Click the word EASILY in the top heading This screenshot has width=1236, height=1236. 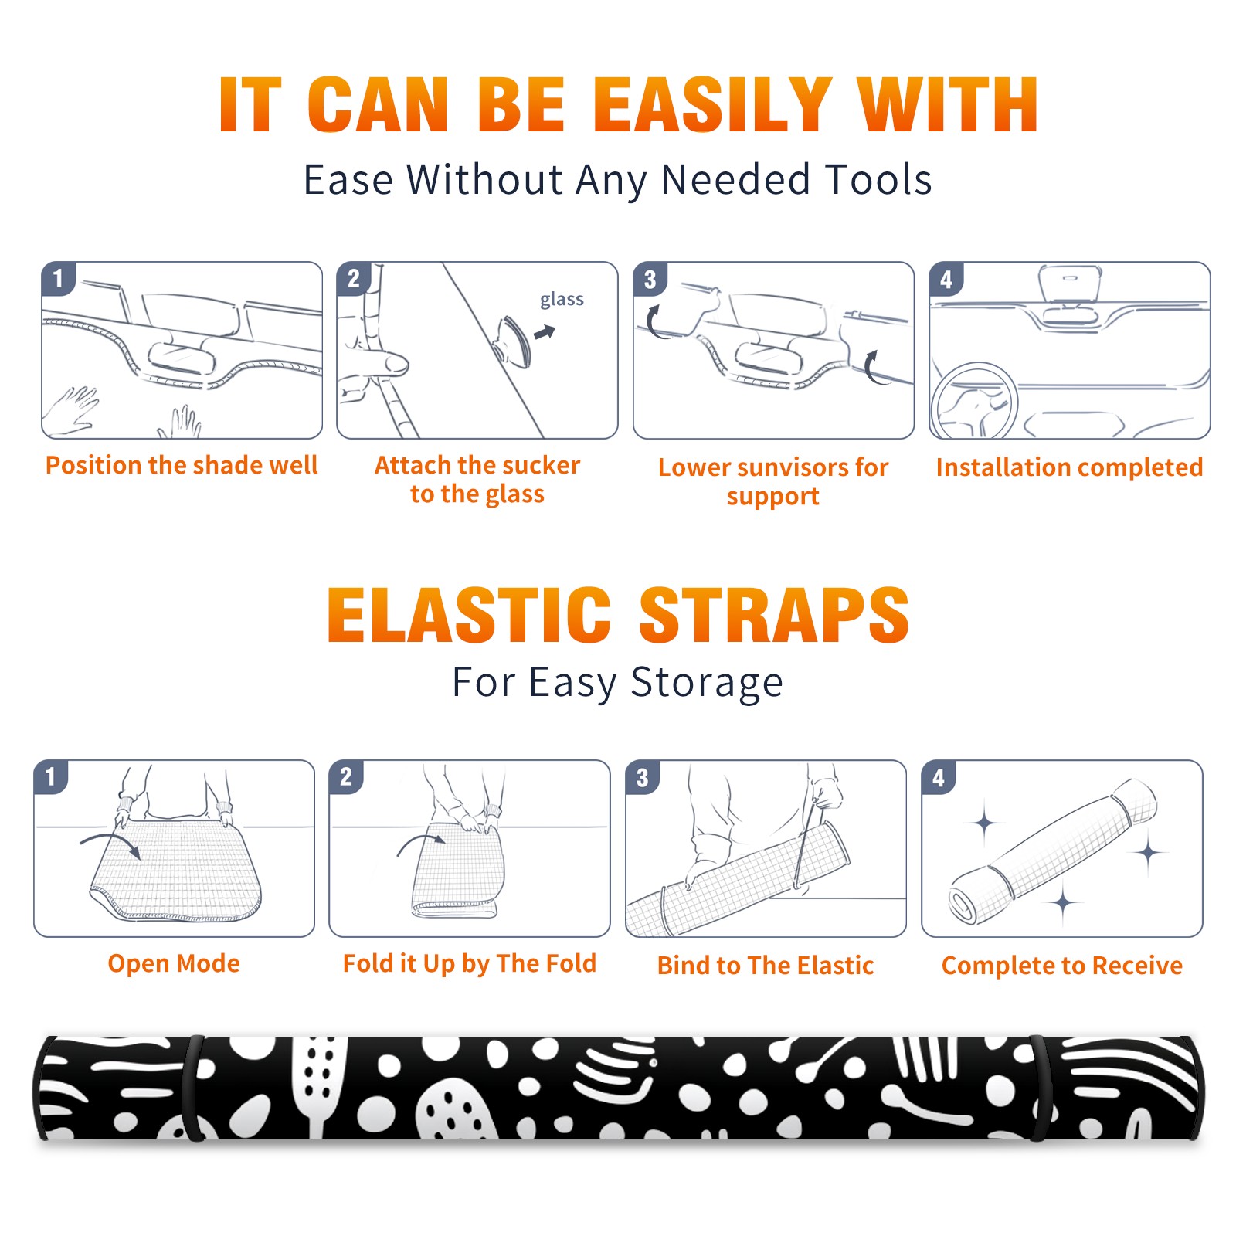[x=711, y=105]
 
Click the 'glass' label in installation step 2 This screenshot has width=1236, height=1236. [x=562, y=300]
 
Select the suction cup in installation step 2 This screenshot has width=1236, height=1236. [x=514, y=341]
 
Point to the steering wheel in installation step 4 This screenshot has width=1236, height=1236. [x=974, y=400]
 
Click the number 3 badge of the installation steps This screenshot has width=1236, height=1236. [x=650, y=279]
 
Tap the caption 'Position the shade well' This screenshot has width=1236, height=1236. [x=182, y=465]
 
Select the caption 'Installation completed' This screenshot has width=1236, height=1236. [x=1069, y=467]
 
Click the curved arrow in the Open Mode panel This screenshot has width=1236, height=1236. [x=110, y=841]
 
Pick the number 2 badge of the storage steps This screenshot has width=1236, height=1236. [x=346, y=777]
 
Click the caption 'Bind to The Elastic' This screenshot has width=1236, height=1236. [x=765, y=966]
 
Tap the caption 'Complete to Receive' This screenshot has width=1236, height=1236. [x=1061, y=966]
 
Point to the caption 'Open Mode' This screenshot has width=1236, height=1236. [x=174, y=963]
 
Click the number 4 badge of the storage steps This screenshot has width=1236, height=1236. [x=939, y=777]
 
